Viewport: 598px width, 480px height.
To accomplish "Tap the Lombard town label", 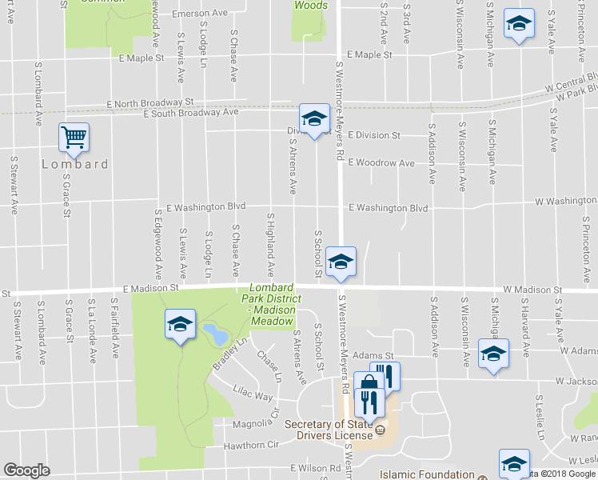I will coord(74,164).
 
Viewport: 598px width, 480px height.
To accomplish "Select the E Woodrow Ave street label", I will coord(381,163).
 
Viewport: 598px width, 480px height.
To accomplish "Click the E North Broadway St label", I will coord(150,102).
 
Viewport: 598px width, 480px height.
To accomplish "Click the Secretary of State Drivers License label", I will coord(329,430).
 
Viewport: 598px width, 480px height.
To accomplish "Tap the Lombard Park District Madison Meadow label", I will coord(272,304).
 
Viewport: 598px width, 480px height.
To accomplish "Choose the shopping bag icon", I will coord(368,383).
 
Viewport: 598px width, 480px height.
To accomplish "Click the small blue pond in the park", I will coord(213,334).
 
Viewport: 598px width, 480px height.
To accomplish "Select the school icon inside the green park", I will coord(180,324).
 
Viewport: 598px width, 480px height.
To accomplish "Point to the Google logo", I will coord(26,470).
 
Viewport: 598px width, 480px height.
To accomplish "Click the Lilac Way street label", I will coord(253,396).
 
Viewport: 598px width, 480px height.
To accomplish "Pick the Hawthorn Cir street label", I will coord(250,444).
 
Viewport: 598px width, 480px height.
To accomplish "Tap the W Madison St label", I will coord(532,290).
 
